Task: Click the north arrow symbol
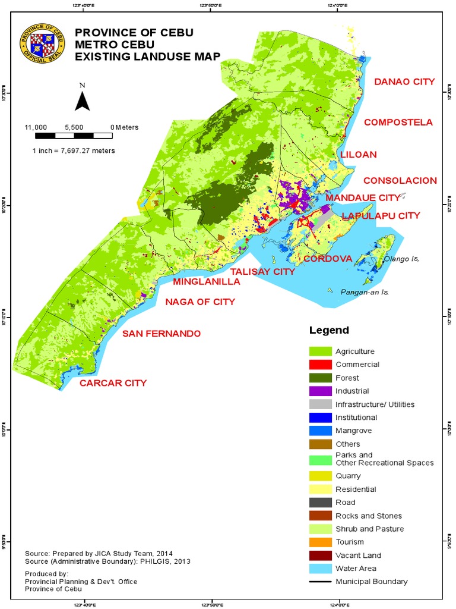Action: click(x=82, y=98)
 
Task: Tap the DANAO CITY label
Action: click(x=404, y=81)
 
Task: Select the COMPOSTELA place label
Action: click(x=398, y=123)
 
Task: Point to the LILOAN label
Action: click(x=359, y=154)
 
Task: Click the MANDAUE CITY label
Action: click(x=363, y=197)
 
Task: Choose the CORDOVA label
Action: click(x=328, y=259)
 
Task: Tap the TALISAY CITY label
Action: click(x=262, y=271)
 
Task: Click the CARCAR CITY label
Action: click(x=113, y=383)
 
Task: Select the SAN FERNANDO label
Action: click(x=161, y=334)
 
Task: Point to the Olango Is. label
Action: click(x=401, y=259)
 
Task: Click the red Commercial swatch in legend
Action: click(x=319, y=365)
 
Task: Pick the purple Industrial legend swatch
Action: click(x=319, y=391)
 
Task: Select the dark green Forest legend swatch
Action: click(x=319, y=378)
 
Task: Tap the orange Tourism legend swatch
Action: click(x=319, y=542)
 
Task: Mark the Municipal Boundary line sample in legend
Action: click(x=319, y=581)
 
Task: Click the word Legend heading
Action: click(x=329, y=330)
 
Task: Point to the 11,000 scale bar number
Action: click(x=36, y=127)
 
